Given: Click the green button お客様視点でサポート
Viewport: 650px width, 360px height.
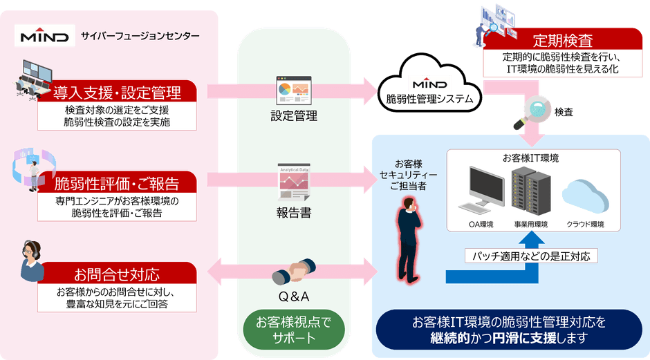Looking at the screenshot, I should (294, 329).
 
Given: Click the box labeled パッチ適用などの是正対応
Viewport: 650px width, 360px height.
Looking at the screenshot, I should (531, 256).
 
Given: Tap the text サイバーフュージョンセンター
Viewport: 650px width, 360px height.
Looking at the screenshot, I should (140, 36).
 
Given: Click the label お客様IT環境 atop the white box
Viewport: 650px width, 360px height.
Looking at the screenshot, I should (530, 158).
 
